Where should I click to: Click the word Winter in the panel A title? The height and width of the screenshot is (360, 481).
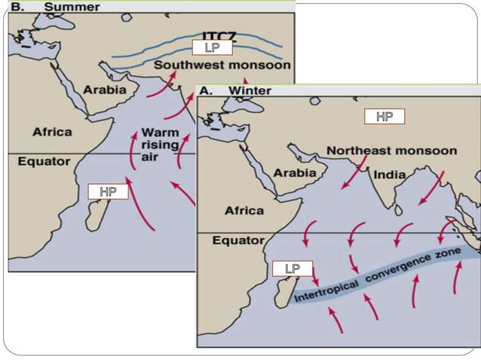point(250,90)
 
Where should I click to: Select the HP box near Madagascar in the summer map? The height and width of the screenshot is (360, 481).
point(108,191)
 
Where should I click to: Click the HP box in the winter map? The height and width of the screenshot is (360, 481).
point(384,116)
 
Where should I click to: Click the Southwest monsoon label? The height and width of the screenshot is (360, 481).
point(222,66)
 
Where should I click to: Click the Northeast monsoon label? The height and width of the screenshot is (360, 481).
point(391,151)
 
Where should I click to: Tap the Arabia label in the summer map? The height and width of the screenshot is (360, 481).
point(109,90)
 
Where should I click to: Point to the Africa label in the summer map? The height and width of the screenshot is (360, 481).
point(52,132)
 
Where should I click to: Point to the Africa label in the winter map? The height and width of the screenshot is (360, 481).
point(244,210)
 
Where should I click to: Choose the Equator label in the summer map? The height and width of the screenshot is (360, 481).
point(44,161)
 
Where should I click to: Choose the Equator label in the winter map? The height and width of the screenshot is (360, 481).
point(237,241)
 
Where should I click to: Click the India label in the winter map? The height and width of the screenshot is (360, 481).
point(390,175)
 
